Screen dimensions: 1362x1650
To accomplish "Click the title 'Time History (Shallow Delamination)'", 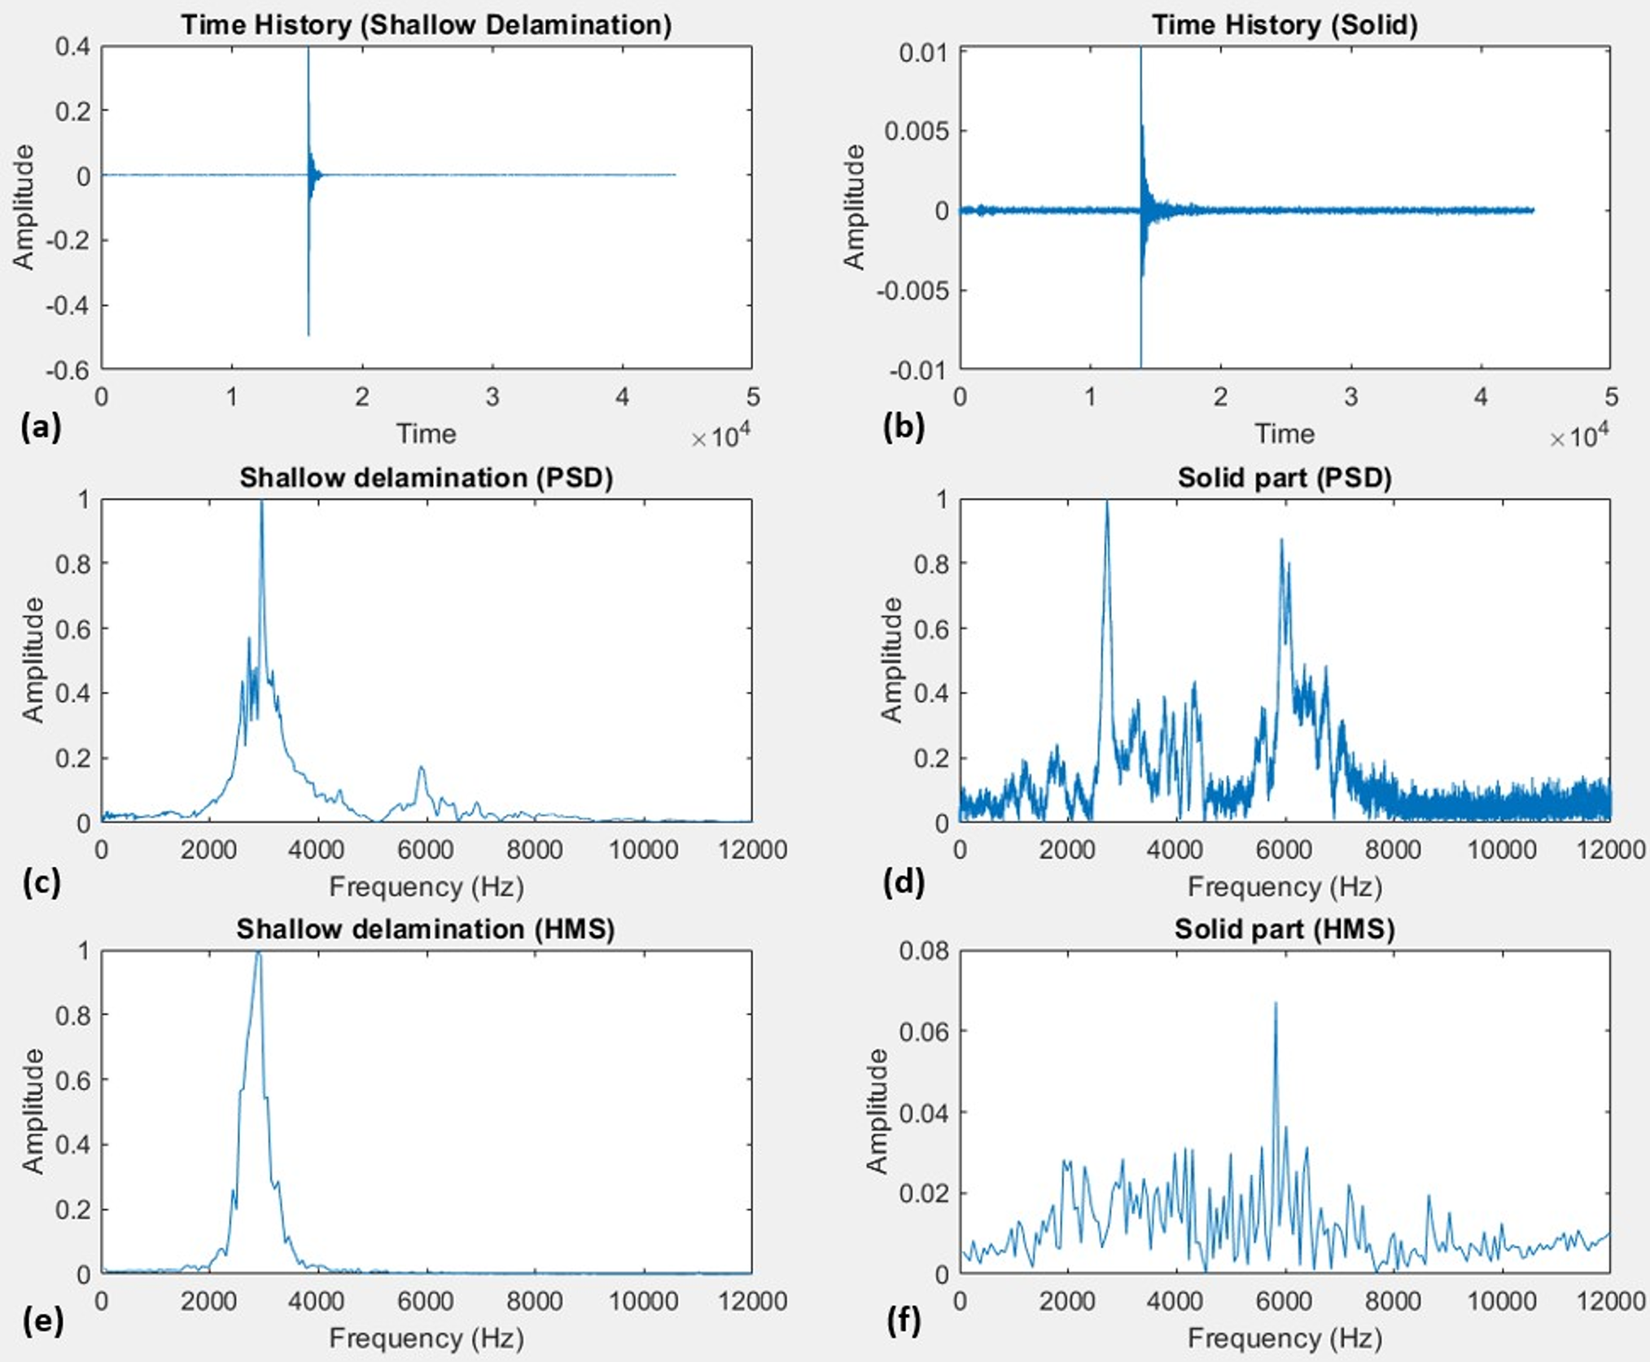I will [x=426, y=24].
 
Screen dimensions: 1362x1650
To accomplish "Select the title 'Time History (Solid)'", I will [x=1285, y=24].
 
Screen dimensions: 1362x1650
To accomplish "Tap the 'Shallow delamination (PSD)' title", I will [x=426, y=477].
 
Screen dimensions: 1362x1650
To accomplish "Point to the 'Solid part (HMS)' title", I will [x=1285, y=929].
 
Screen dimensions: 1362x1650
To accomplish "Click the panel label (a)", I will [x=41, y=427].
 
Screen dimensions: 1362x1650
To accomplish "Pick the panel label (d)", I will [x=904, y=881].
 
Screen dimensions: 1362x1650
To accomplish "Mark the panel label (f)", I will [x=904, y=1320].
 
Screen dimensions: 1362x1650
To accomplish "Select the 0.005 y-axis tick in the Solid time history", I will [x=917, y=131].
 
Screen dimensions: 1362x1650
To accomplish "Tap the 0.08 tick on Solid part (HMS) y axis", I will [x=924, y=951].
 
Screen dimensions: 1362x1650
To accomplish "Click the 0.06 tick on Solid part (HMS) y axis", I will [x=924, y=1031].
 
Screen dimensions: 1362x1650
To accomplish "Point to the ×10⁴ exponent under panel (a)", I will [x=720, y=437].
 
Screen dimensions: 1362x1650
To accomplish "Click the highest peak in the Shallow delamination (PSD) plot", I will [x=261, y=503].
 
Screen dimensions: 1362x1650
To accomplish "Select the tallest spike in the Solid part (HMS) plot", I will [x=1276, y=1005].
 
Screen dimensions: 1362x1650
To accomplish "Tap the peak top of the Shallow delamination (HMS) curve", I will [x=259, y=953].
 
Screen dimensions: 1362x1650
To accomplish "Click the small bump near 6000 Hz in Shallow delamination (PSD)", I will [x=422, y=769].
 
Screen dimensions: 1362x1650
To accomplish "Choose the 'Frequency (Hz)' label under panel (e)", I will [x=426, y=1338].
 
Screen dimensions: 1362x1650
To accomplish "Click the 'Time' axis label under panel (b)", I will [x=1285, y=434].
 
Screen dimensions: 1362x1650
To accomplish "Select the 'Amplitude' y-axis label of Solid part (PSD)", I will [x=893, y=659].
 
